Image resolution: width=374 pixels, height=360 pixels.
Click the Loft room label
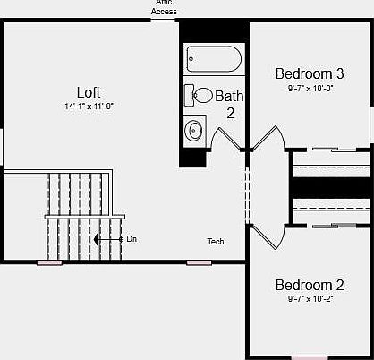coord(89,91)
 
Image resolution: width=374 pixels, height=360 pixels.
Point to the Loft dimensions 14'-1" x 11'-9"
coord(89,106)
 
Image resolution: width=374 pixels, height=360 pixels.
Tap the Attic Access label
coord(164,8)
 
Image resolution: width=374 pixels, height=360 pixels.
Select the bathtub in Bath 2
coord(214,61)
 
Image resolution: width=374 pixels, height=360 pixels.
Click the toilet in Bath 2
coord(201,96)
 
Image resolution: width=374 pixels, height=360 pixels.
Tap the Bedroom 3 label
coord(309,73)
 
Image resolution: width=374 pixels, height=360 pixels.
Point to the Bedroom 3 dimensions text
coord(309,89)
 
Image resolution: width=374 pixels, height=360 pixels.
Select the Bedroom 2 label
coord(309,285)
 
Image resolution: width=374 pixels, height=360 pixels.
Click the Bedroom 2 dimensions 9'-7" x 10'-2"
coord(309,299)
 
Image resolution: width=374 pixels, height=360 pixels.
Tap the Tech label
coord(216,242)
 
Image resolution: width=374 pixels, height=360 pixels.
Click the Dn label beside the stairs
coord(132,239)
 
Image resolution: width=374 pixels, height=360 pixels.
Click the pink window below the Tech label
coord(199,262)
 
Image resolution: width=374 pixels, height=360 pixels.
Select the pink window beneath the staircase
coord(49,262)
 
